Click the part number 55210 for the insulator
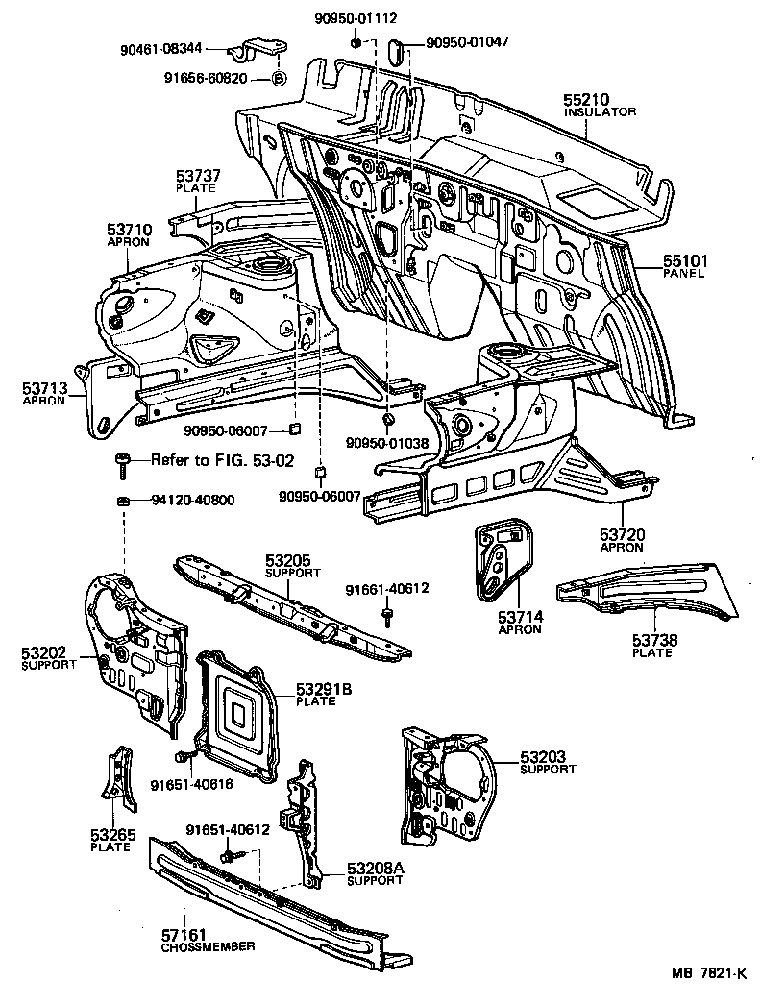click(x=586, y=99)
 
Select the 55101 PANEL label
click(x=683, y=265)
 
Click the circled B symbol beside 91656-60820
click(x=277, y=78)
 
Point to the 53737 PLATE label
click(x=198, y=182)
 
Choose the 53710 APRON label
click(x=128, y=235)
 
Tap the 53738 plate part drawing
click(x=644, y=588)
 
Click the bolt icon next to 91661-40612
click(x=386, y=614)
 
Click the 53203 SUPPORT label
click(x=548, y=763)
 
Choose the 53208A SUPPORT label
click(x=376, y=873)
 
